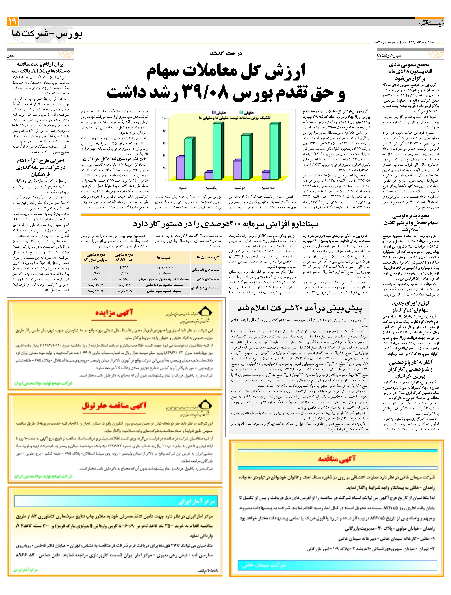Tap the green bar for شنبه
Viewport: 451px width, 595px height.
click(x=188, y=159)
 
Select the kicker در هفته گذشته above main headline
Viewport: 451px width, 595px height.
click(x=225, y=53)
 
